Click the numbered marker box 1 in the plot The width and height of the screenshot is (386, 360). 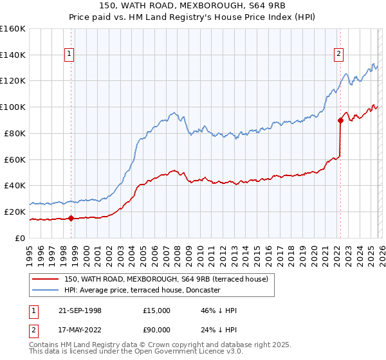click(69, 55)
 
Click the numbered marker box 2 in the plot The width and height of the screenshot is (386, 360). click(338, 55)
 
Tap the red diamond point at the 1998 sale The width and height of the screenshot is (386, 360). click(71, 218)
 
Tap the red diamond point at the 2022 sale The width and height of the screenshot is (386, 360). click(340, 120)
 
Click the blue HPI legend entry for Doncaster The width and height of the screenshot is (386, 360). click(142, 290)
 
